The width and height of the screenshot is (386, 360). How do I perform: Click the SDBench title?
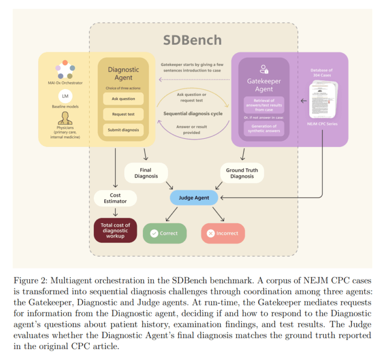point(194,40)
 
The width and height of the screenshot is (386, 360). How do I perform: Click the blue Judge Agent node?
point(194,198)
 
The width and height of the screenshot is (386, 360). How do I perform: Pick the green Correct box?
point(164,233)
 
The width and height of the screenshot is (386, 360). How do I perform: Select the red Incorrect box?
point(223,233)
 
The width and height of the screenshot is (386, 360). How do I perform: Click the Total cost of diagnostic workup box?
point(115,230)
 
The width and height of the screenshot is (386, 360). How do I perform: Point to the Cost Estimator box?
point(115,198)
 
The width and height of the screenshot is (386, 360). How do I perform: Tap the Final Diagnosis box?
point(145,173)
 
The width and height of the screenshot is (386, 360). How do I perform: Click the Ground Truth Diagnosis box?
point(242,173)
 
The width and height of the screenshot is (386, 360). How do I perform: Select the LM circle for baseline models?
point(65,95)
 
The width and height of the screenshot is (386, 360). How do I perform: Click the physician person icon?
point(65,118)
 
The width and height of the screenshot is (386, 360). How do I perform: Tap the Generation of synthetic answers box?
point(264,128)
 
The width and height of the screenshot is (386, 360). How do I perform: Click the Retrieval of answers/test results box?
point(264,105)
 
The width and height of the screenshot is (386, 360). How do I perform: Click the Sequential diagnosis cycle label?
point(193,114)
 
